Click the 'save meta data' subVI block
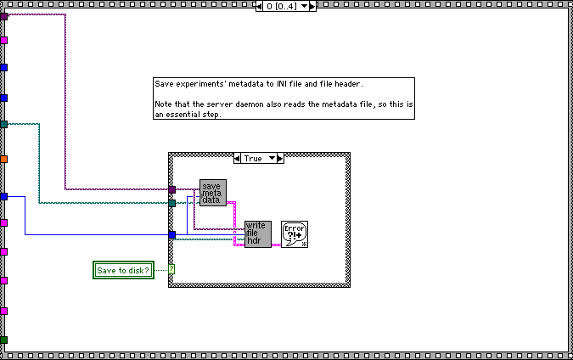click(211, 193)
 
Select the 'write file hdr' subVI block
click(257, 233)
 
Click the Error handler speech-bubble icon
click(295, 233)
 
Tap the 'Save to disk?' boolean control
click(123, 270)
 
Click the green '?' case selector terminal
click(171, 270)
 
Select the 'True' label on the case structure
click(253, 158)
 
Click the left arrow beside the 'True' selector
click(238, 158)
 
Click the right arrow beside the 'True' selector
click(279, 158)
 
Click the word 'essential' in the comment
click(182, 114)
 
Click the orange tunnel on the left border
click(4, 159)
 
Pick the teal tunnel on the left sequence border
click(4, 125)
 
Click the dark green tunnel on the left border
click(4, 340)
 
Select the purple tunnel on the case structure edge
click(171, 189)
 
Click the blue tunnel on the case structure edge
click(171, 234)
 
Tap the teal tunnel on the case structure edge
click(171, 203)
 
